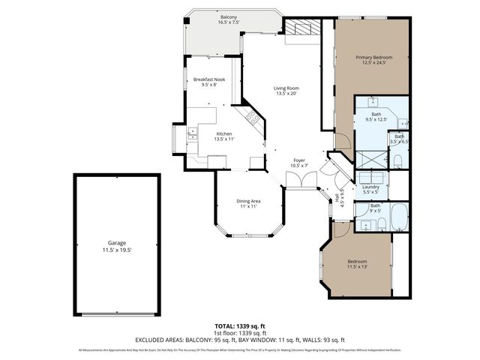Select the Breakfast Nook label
point(209,82)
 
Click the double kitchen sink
point(193,133)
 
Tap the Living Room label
point(287,91)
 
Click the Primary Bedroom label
point(373,60)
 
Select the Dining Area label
point(249,203)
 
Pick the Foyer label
point(299,162)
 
